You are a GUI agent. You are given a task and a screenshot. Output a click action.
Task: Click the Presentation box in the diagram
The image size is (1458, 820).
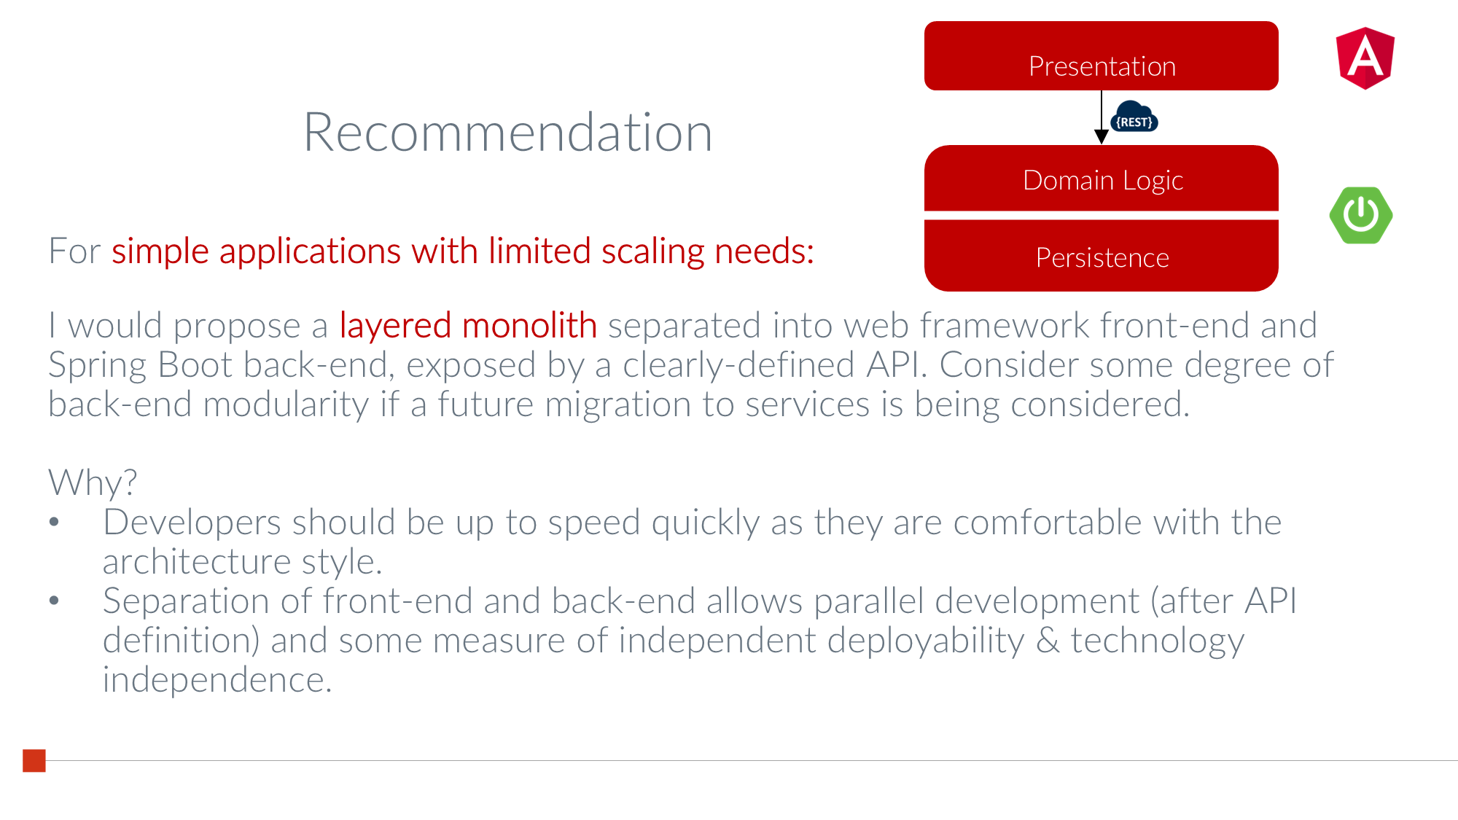pos(1101,56)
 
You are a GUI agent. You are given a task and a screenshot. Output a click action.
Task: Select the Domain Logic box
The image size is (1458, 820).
pos(1101,179)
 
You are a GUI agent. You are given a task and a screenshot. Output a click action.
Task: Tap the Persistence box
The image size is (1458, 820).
pos(1101,256)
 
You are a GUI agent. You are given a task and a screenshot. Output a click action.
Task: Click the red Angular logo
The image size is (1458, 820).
pos(1365,58)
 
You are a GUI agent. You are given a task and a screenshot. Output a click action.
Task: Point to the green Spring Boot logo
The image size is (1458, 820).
pos(1361,215)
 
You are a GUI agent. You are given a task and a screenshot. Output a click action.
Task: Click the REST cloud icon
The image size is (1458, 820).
pos(1134,117)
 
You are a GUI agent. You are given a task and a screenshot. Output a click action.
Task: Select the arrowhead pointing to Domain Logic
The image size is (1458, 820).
pos(1102,137)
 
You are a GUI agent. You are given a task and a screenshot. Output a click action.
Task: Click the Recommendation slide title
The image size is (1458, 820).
pos(507,133)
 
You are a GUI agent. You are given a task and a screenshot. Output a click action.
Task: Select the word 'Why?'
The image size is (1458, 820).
pos(93,483)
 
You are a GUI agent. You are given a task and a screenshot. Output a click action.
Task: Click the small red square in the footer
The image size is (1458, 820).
pos(34,760)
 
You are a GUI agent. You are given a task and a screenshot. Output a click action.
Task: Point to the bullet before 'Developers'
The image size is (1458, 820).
pos(54,522)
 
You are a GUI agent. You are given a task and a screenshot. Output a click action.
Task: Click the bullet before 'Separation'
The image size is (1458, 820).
pos(54,601)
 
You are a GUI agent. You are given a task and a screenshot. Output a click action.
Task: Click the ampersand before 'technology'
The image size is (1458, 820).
pos(1048,640)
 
